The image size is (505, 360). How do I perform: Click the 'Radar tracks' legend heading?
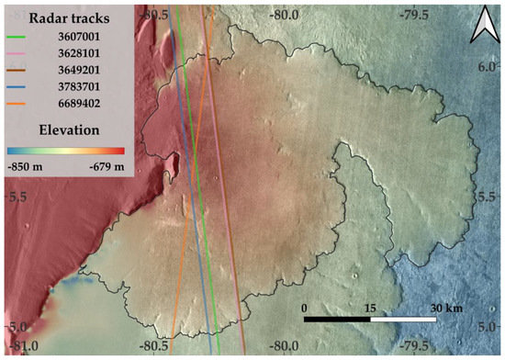point(70,17)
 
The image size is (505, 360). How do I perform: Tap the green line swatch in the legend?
point(19,39)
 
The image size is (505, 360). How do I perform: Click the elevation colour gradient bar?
point(64,150)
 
